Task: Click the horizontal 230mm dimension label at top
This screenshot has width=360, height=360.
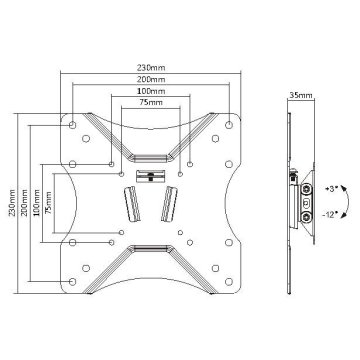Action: (151, 68)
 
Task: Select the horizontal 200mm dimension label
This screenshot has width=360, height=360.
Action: (151, 80)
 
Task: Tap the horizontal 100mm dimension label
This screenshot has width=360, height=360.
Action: (151, 91)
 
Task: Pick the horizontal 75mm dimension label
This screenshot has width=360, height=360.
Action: (151, 102)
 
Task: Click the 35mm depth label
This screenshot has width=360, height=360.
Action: (301, 96)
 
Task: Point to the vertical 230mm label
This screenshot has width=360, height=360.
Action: (12, 203)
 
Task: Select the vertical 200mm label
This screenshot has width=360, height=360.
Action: (24, 203)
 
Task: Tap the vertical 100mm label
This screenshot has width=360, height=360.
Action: (36, 203)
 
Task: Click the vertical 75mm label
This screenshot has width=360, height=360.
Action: (49, 203)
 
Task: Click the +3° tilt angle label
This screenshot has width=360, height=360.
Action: (331, 189)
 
